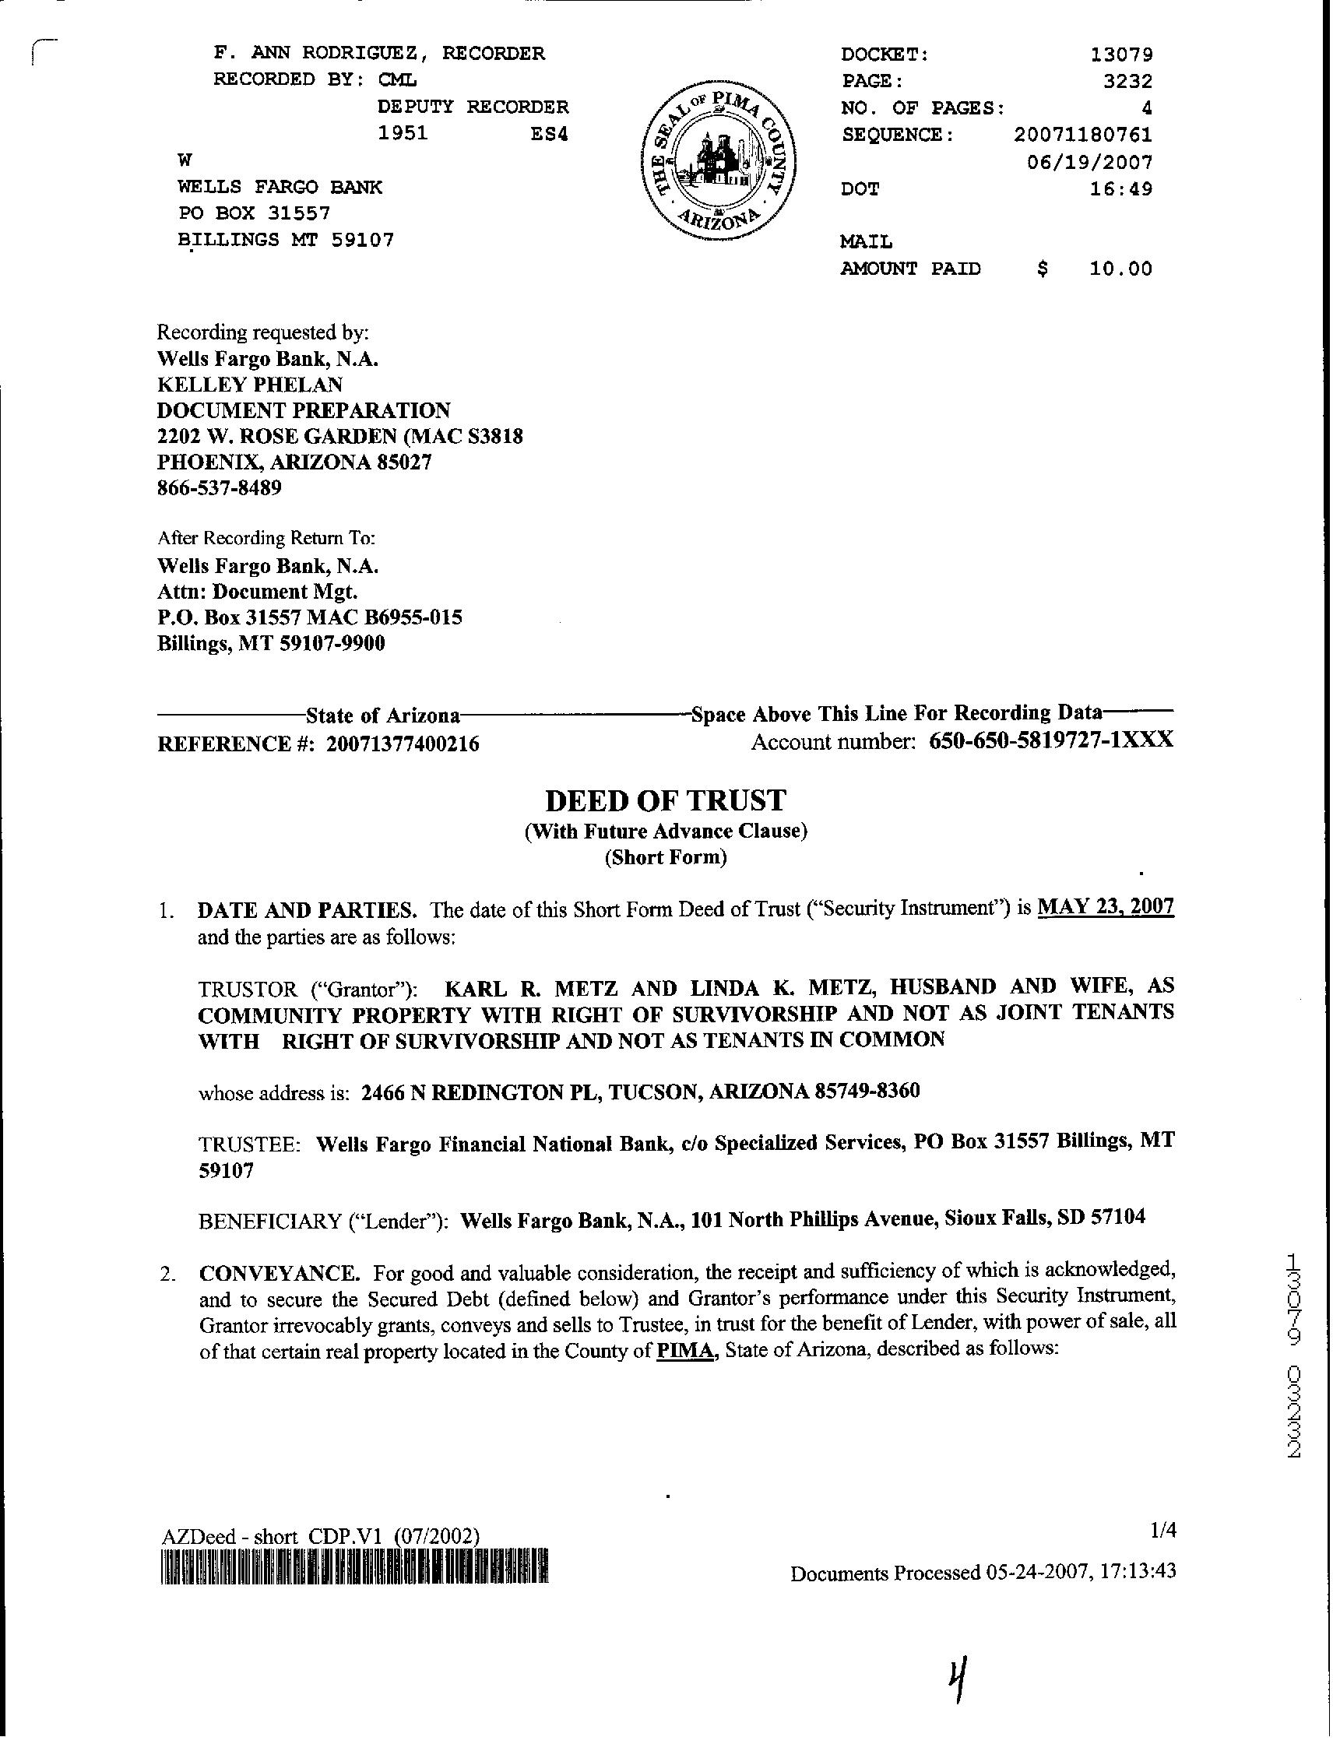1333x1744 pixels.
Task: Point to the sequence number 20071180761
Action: (1082, 135)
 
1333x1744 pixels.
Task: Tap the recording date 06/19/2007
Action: (1089, 163)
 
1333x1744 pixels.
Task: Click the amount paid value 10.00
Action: (1120, 269)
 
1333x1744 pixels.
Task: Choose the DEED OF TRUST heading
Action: (666, 800)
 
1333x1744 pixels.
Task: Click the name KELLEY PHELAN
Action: (250, 385)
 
